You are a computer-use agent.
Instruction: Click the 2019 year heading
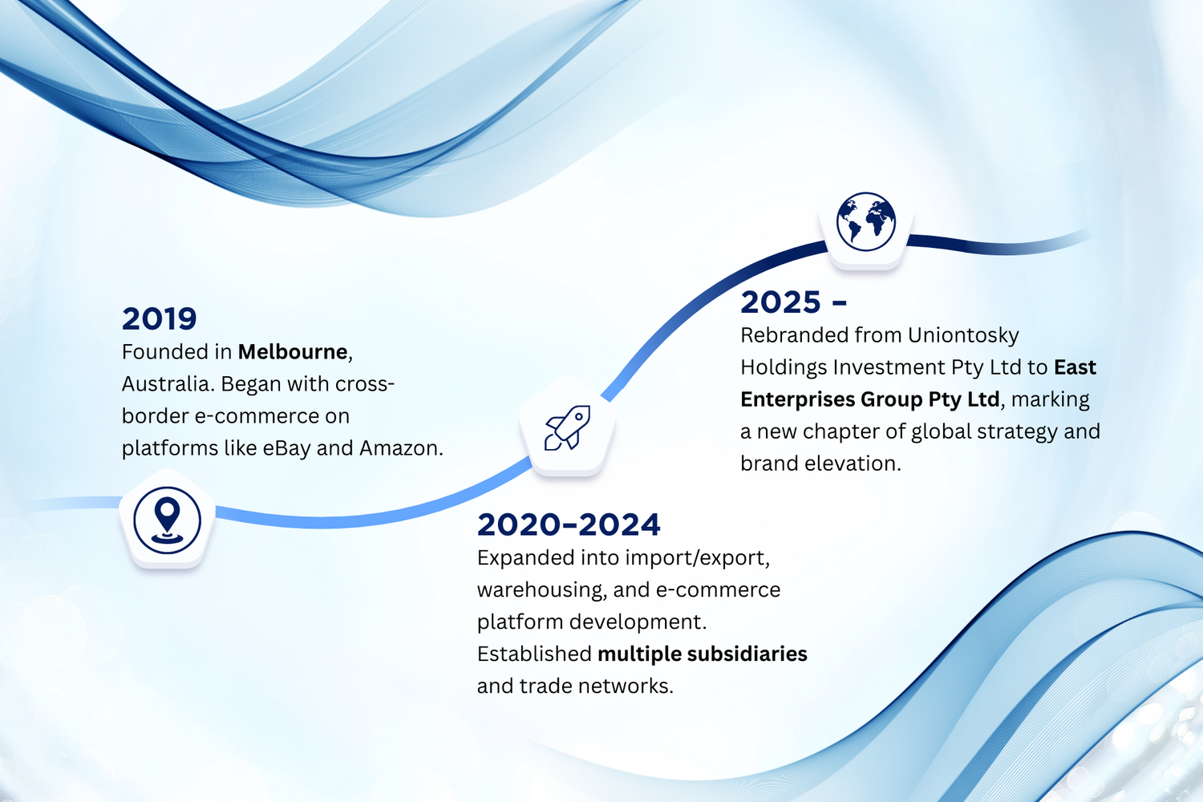[x=160, y=318]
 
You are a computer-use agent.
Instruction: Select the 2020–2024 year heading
[x=569, y=525]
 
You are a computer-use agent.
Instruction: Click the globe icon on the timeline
[x=865, y=221]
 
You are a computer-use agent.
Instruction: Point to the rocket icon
[x=567, y=427]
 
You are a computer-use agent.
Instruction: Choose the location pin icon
[x=167, y=520]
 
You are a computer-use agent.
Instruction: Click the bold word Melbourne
[x=293, y=352]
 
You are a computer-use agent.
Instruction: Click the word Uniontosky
[x=963, y=336]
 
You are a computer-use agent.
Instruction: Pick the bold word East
[x=1075, y=367]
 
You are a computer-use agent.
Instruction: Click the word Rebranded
[x=794, y=335]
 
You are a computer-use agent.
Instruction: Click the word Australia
[x=168, y=384]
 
